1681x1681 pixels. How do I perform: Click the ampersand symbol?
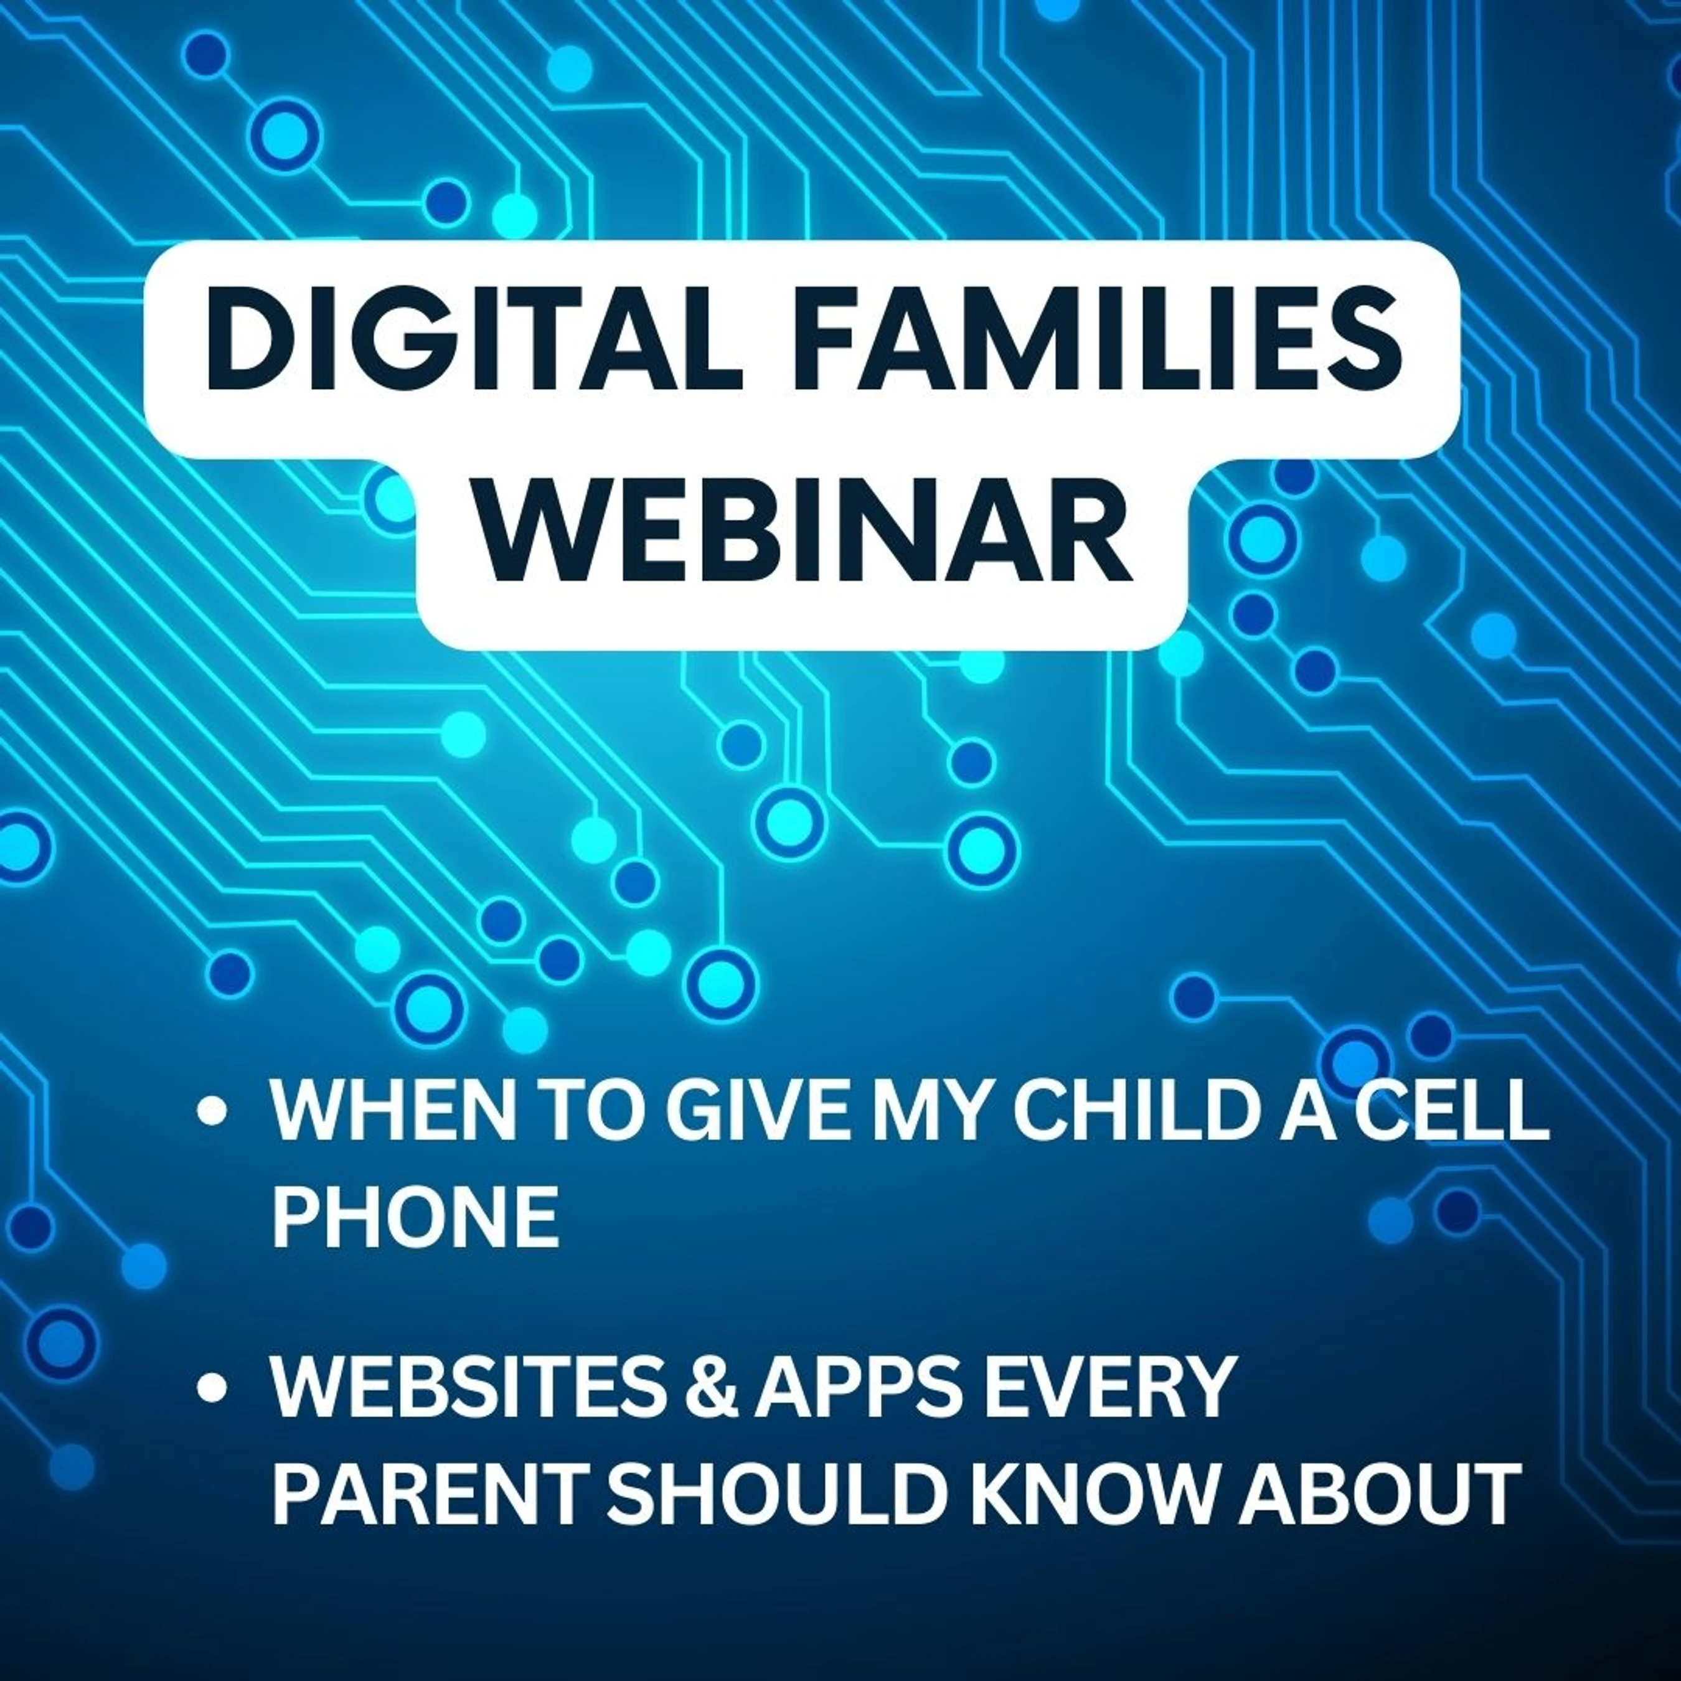[x=711, y=1385]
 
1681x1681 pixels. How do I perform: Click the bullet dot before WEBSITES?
[x=212, y=1387]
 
